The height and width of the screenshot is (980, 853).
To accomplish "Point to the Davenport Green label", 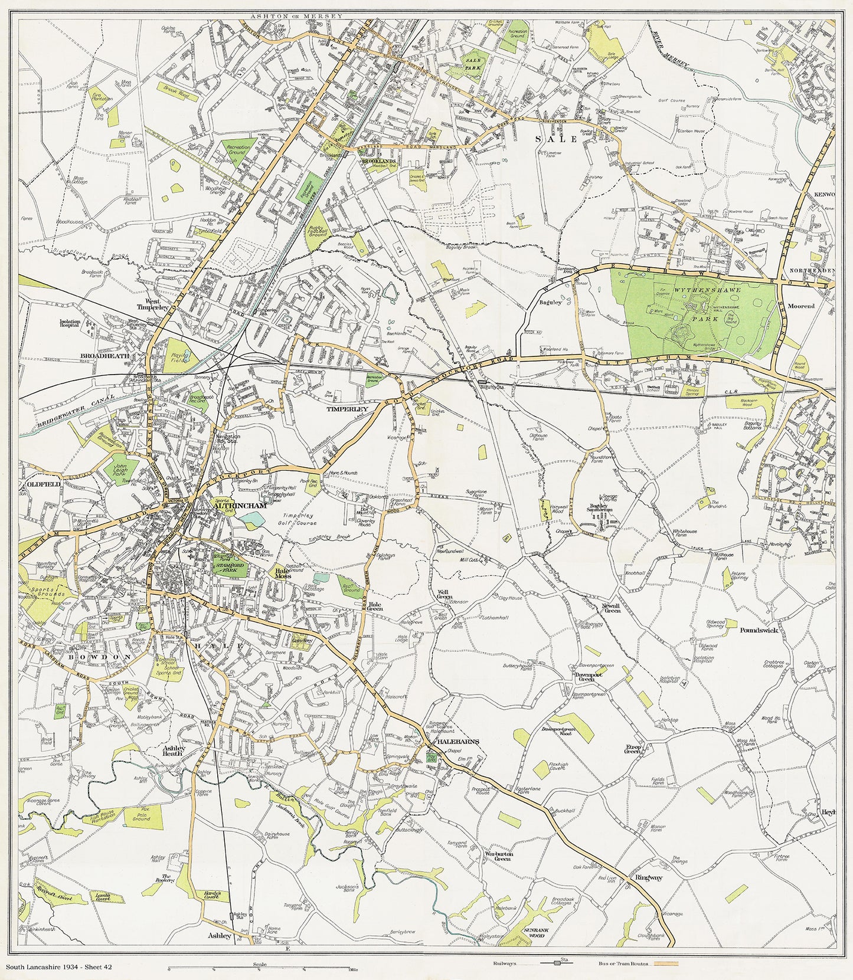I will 584,676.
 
